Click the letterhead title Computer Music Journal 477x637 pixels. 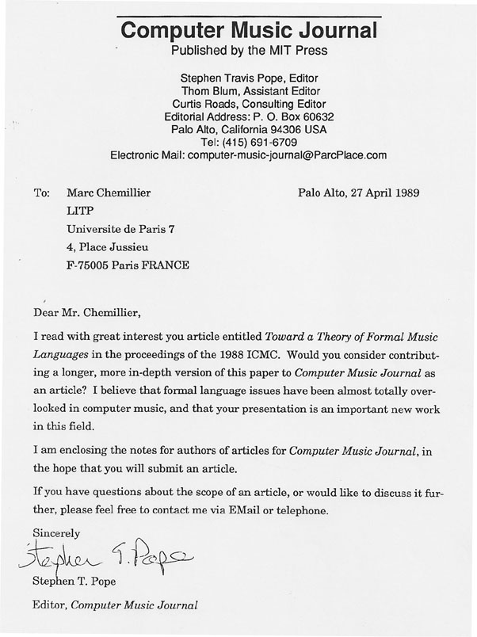coord(249,31)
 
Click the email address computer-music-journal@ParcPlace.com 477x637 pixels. coord(287,154)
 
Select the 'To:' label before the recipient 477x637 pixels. coord(42,193)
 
